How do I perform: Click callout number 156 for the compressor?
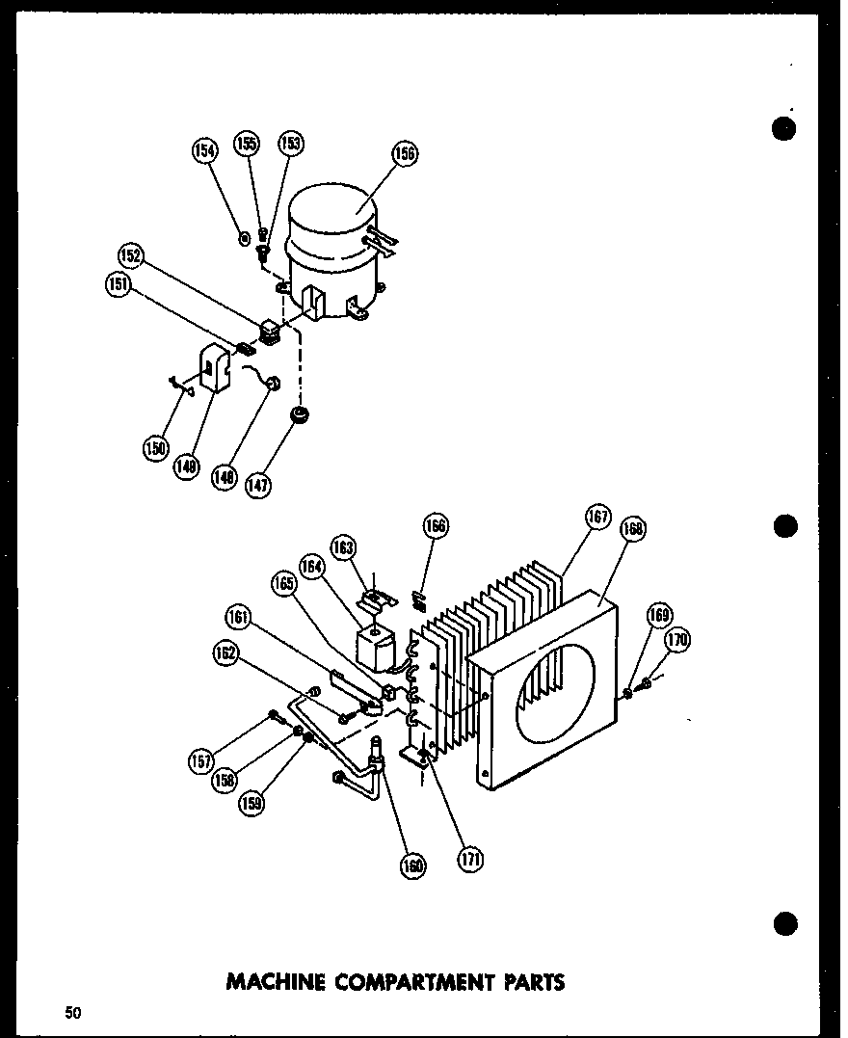tap(405, 153)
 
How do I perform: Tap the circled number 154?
tap(204, 149)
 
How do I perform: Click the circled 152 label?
tap(131, 256)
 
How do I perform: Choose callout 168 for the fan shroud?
tap(634, 529)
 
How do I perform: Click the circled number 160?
tap(412, 865)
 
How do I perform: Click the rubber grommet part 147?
tap(300, 416)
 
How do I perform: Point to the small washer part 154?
tap(245, 236)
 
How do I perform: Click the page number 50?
tap(73, 1012)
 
